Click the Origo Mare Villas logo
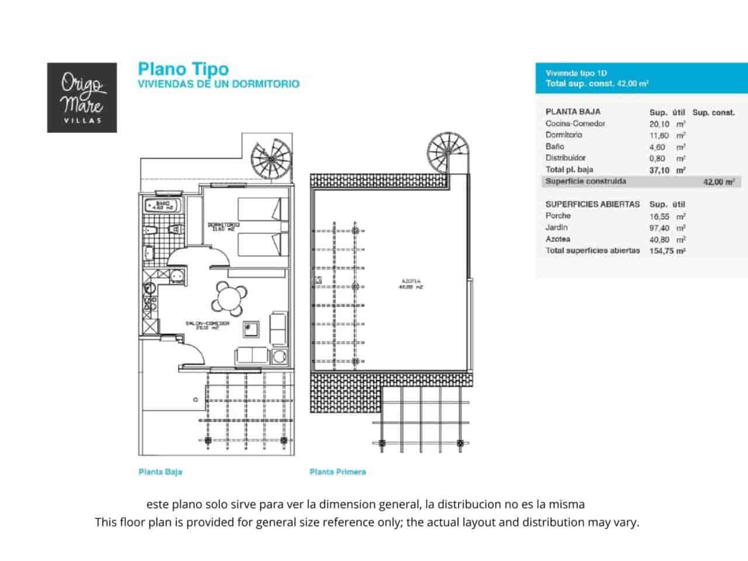[82, 98]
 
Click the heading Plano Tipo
[183, 69]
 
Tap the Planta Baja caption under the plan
[160, 472]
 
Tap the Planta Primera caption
[338, 472]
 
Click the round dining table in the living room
[229, 298]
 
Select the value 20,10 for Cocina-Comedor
[659, 124]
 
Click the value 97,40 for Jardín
[659, 228]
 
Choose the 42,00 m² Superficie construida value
[718, 182]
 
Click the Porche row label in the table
[558, 216]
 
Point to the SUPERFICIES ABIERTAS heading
[592, 204]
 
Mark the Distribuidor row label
[565, 158]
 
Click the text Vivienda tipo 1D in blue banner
[576, 73]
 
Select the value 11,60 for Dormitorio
[659, 136]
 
